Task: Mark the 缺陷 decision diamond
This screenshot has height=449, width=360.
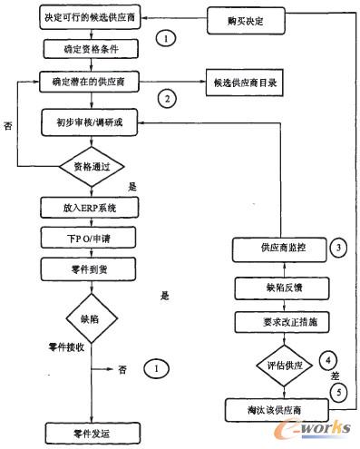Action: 86,318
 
